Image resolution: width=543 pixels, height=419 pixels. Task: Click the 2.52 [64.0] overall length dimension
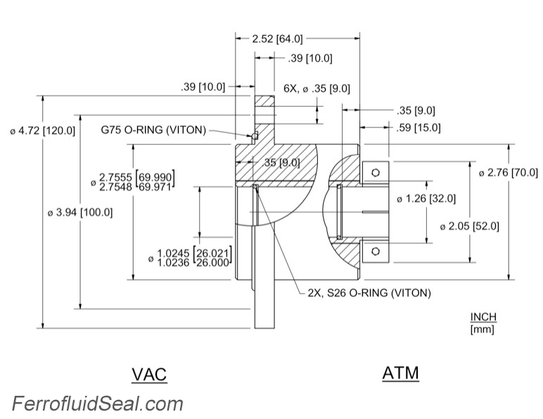pyautogui.click(x=277, y=39)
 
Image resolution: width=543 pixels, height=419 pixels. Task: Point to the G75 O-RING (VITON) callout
pyautogui.click(x=153, y=130)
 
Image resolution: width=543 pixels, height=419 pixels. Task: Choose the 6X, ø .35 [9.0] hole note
pyautogui.click(x=317, y=89)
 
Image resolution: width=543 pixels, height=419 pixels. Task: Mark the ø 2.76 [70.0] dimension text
pyautogui.click(x=508, y=172)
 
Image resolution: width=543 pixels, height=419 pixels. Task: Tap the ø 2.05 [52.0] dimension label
pyautogui.click(x=469, y=226)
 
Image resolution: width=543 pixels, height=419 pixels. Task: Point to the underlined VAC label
pyautogui.click(x=149, y=374)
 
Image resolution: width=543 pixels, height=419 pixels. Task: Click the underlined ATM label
pyautogui.click(x=400, y=373)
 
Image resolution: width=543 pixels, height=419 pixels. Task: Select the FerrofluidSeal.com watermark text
pyautogui.click(x=97, y=404)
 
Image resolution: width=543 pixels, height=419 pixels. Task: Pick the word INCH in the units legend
pyautogui.click(x=483, y=318)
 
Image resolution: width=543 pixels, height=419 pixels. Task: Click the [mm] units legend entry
pyautogui.click(x=483, y=329)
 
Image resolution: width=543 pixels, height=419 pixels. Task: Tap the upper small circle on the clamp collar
pyautogui.click(x=376, y=171)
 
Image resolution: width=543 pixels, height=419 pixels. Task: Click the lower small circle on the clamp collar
pyautogui.click(x=376, y=251)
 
